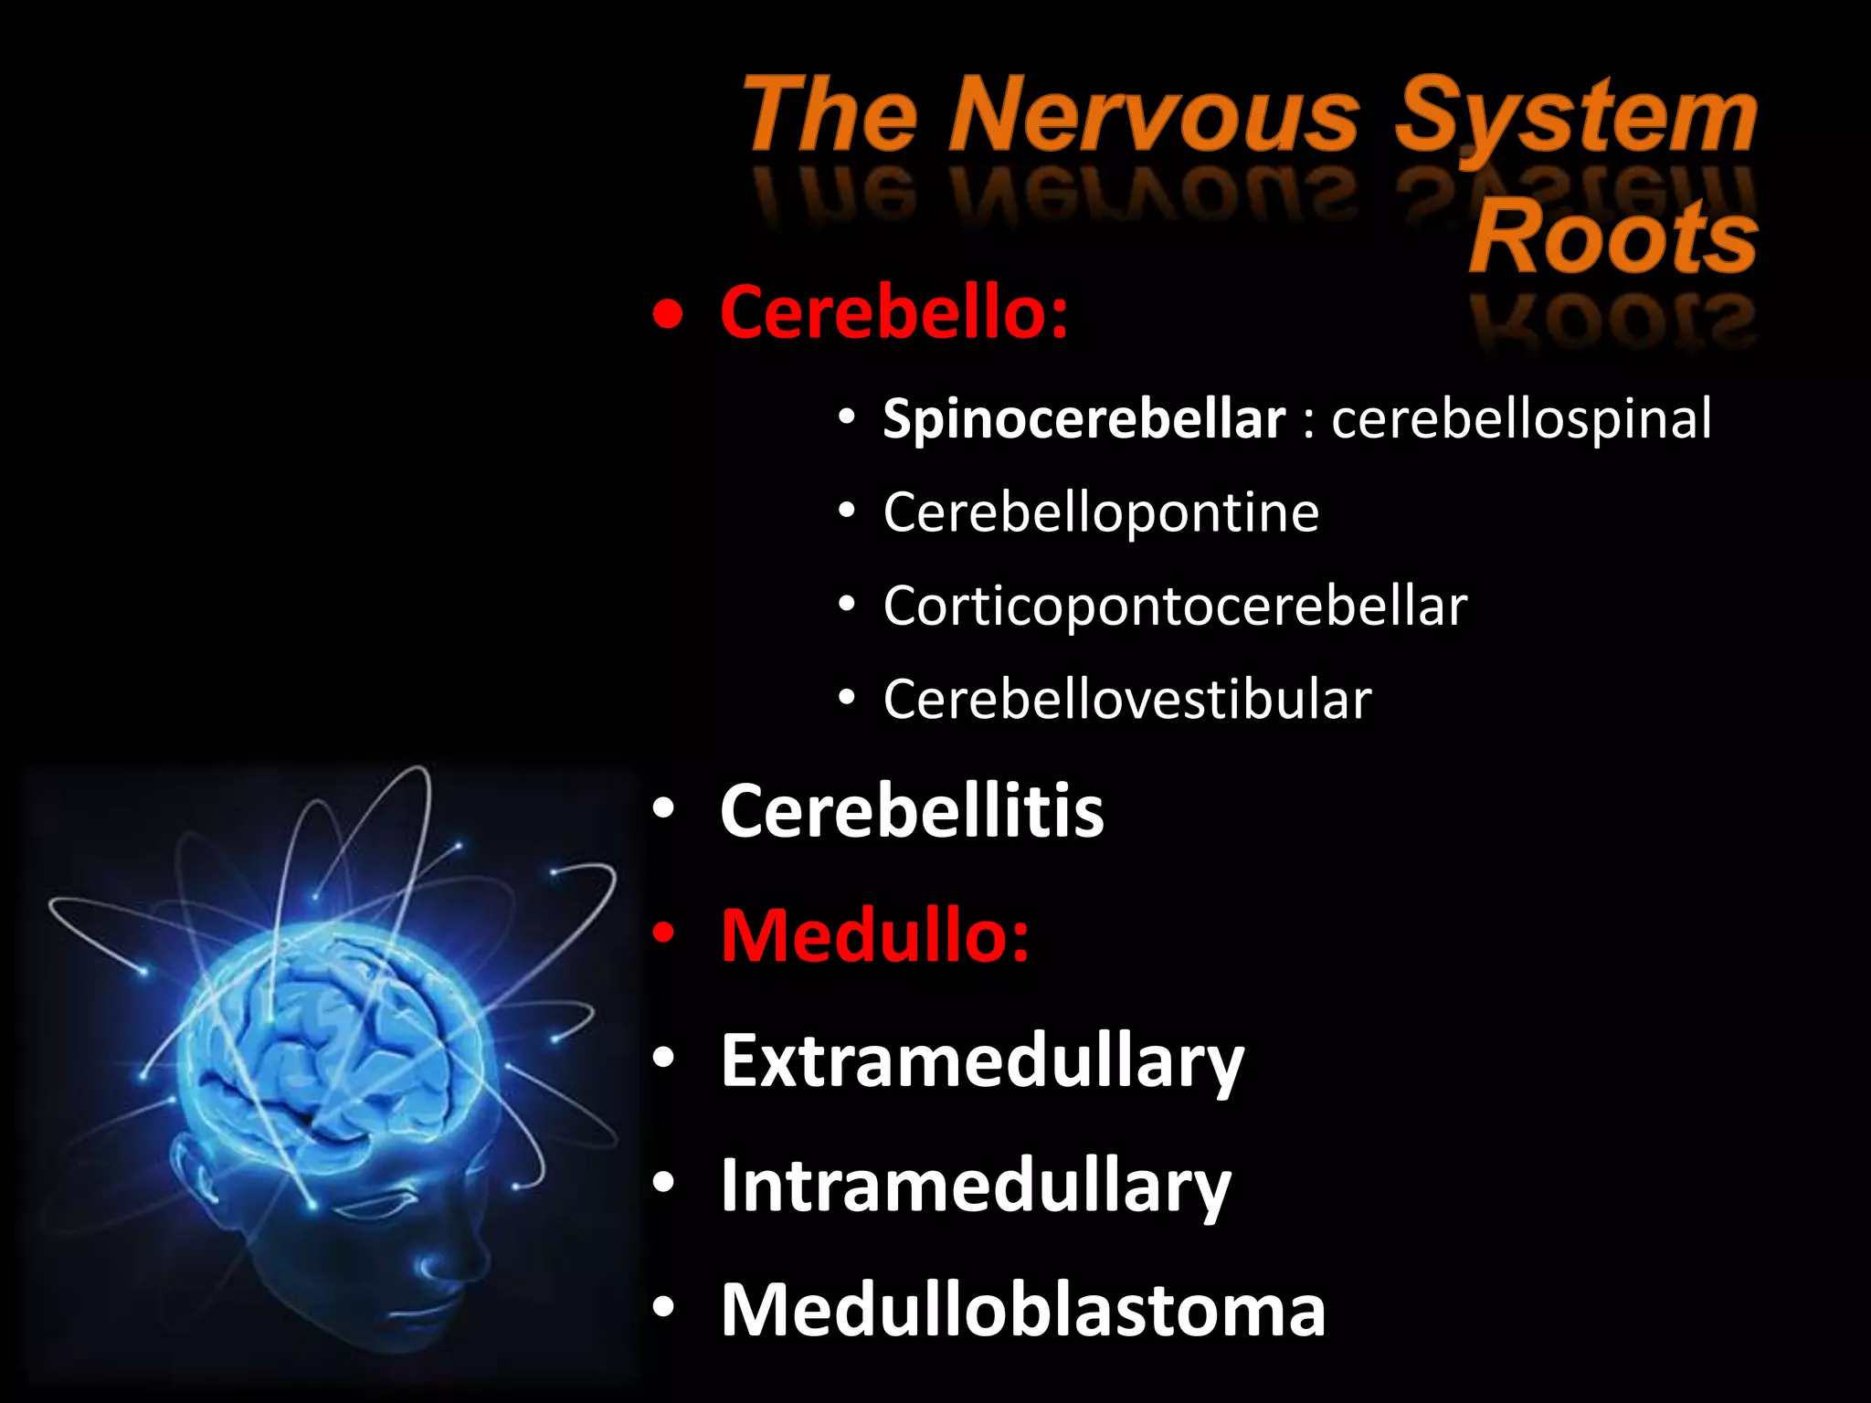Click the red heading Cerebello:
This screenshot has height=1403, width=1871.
point(893,312)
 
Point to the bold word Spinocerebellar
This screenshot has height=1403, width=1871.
point(1083,419)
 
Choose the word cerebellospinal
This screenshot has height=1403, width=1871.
point(1521,419)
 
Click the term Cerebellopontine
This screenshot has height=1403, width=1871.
point(1101,512)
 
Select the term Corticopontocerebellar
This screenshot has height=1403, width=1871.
point(1175,606)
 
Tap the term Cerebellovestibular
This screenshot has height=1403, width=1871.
point(1127,700)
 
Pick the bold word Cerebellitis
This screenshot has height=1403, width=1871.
point(912,811)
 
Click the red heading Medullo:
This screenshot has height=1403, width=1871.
point(874,935)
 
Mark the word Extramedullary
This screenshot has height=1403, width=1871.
point(982,1061)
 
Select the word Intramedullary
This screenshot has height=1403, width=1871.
point(976,1186)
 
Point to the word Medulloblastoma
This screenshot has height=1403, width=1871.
point(1022,1310)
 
